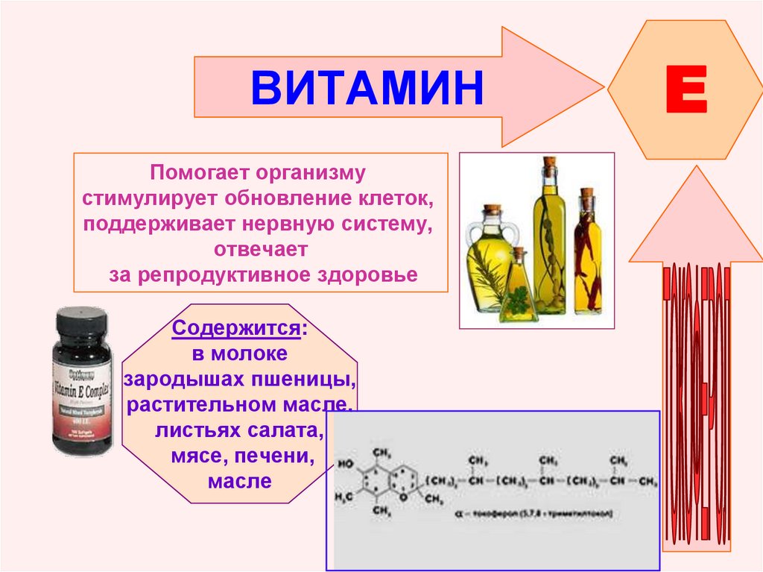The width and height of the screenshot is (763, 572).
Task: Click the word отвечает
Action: coord(260,248)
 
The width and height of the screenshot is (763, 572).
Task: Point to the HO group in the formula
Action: coord(346,462)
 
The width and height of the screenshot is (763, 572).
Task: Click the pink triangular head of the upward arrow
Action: coord(696,224)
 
